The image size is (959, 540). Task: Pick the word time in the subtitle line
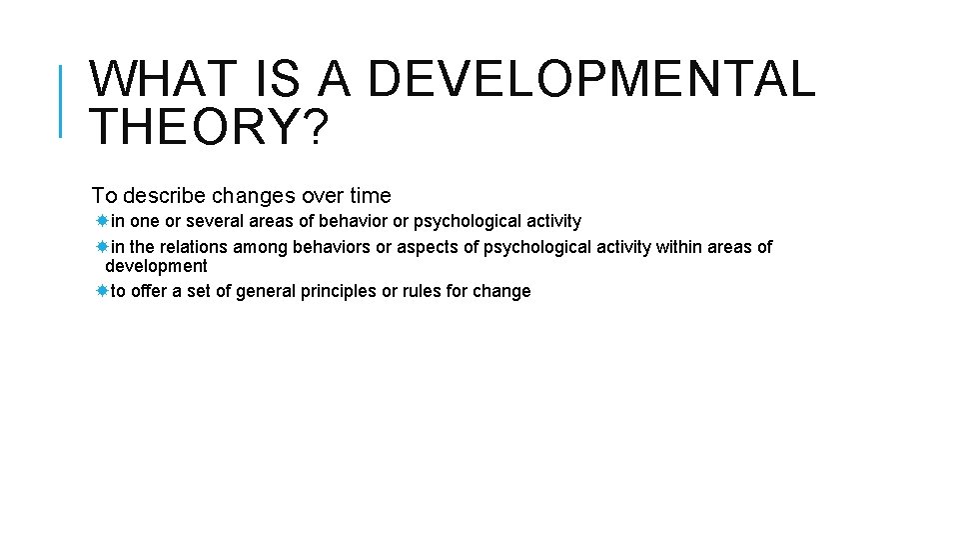pyautogui.click(x=367, y=196)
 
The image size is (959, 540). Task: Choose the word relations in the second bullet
pyautogui.click(x=193, y=247)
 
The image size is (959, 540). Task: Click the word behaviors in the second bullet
pyautogui.click(x=331, y=247)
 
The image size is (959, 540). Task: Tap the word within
pyautogui.click(x=679, y=247)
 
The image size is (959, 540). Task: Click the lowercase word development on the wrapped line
pyautogui.click(x=156, y=266)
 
